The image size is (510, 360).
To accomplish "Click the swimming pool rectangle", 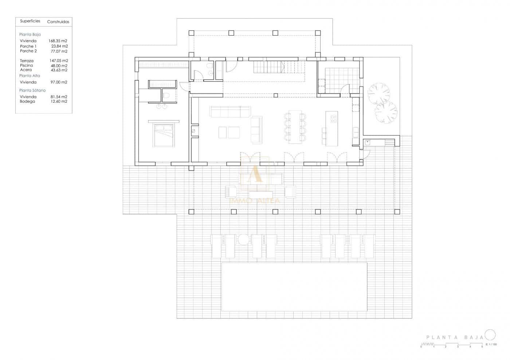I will pyautogui.click(x=294, y=287).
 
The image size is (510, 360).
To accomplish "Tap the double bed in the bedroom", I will pyautogui.click(x=164, y=135).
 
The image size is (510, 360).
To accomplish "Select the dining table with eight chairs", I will pyautogui.click(x=295, y=127).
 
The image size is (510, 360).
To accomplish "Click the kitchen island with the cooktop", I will pyautogui.click(x=332, y=128).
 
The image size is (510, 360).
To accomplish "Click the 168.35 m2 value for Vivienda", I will pyautogui.click(x=58, y=41).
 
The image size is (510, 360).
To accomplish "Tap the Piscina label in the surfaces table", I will pyautogui.click(x=27, y=66).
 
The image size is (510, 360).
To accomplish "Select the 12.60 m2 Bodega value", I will pyautogui.click(x=59, y=102).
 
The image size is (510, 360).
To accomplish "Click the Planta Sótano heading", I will pyautogui.click(x=32, y=90).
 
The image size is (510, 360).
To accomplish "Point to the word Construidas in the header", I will pyautogui.click(x=58, y=22).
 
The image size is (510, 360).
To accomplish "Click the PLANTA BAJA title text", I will pyautogui.click(x=455, y=337).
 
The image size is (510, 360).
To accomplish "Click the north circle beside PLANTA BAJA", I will pyautogui.click(x=490, y=335).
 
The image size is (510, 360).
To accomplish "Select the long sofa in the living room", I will pyautogui.click(x=230, y=112).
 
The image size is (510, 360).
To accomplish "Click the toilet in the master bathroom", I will pyautogui.click(x=166, y=96).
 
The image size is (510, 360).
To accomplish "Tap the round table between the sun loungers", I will pyautogui.click(x=243, y=239).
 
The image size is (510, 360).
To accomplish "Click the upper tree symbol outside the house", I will pyautogui.click(x=378, y=93).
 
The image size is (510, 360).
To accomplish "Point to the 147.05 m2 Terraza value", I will pyautogui.click(x=59, y=61).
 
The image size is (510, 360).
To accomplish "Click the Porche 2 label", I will pyautogui.click(x=28, y=51).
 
